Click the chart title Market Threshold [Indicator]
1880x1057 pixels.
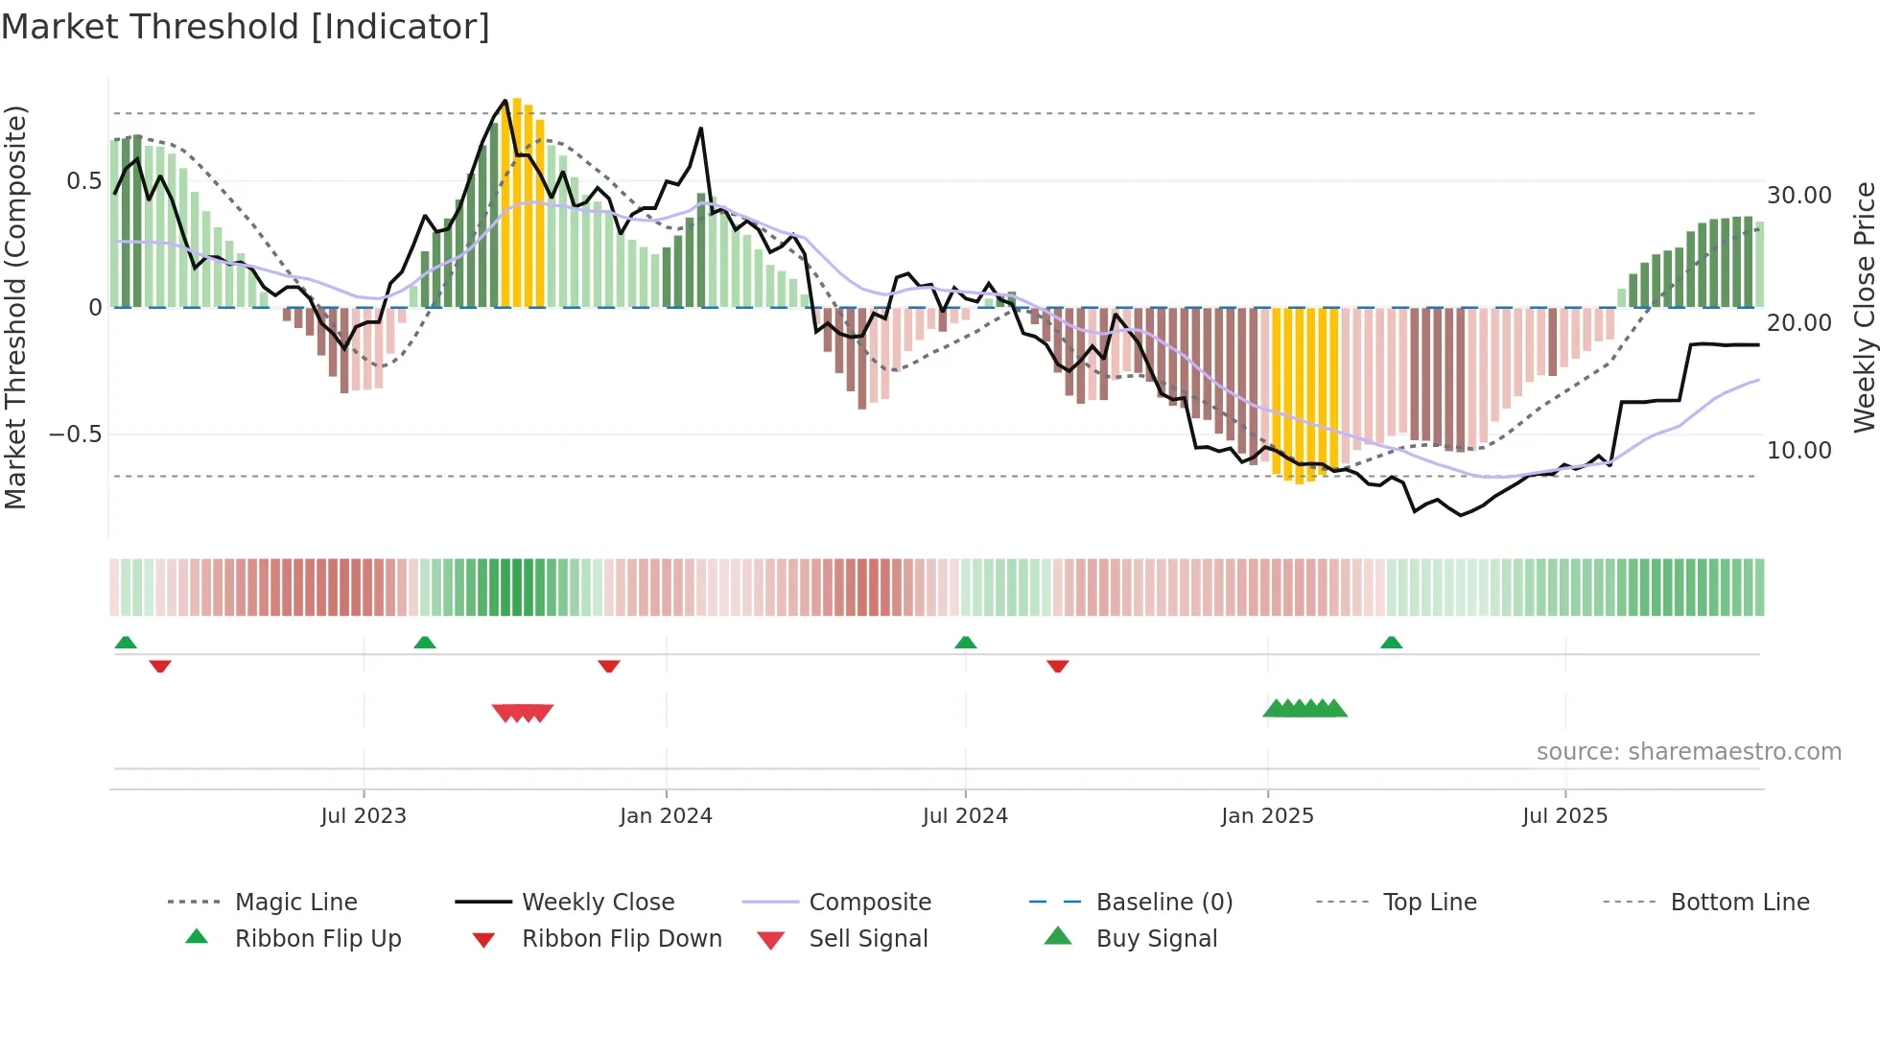[246, 27]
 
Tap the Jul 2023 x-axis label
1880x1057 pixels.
[364, 816]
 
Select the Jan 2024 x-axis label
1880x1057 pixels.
[666, 816]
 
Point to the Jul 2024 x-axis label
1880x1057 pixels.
[965, 816]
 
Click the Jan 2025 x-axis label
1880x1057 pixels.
[1267, 816]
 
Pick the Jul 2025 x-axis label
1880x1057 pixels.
[1564, 816]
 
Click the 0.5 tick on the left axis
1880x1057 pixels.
[84, 181]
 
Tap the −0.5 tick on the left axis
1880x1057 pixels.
[76, 435]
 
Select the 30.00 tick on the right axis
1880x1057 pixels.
[1799, 196]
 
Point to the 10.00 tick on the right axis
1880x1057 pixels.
[1799, 450]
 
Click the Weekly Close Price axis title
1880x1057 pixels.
[1864, 307]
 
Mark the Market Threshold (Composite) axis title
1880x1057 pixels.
[16, 307]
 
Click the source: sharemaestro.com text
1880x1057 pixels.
[1688, 752]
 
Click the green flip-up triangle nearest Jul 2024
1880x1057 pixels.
[966, 643]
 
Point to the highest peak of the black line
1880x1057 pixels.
[505, 100]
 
